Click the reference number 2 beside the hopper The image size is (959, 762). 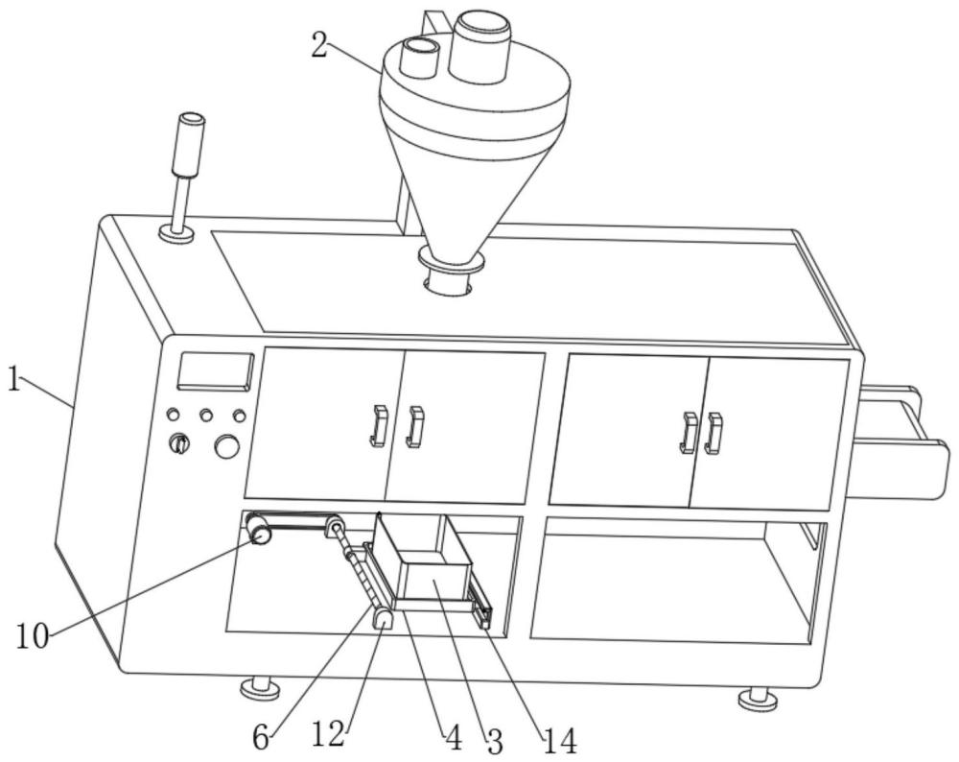[x=318, y=45]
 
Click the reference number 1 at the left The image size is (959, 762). [x=14, y=379]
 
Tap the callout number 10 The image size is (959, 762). [x=32, y=636]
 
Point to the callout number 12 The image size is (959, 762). [x=328, y=734]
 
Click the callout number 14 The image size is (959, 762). [x=560, y=742]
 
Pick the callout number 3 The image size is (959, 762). [x=495, y=743]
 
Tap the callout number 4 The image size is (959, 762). [x=453, y=739]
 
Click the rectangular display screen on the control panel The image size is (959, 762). [x=215, y=370]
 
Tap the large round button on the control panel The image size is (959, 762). [x=227, y=446]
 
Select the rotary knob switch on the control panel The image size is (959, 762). [x=179, y=443]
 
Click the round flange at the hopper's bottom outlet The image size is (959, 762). [x=452, y=259]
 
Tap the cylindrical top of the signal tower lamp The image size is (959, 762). [x=189, y=145]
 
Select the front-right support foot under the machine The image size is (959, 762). [x=759, y=699]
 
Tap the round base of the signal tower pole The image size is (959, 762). [x=176, y=234]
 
